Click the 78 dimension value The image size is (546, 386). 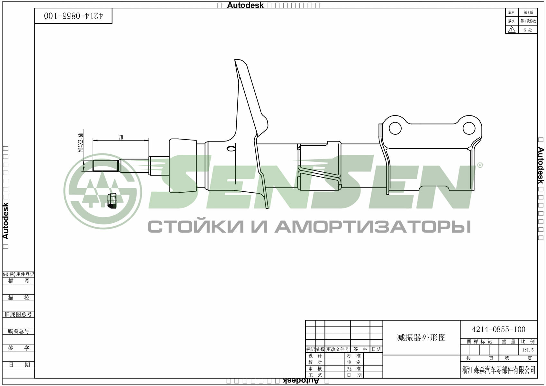[121, 137]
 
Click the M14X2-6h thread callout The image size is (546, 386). [81, 142]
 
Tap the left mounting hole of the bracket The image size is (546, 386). [395, 128]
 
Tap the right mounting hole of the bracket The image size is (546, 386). [469, 128]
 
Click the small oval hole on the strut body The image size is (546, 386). [231, 149]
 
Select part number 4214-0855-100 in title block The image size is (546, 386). [498, 329]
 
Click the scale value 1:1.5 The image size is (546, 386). [528, 350]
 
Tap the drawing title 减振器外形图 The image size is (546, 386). [421, 338]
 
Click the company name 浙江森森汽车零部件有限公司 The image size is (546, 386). [499, 370]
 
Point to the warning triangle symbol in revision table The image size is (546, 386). [512, 30]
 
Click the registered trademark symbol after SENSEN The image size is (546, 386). [479, 165]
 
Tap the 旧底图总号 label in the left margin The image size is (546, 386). [18, 314]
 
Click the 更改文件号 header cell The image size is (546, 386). [337, 349]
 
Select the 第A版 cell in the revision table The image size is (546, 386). [528, 12]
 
